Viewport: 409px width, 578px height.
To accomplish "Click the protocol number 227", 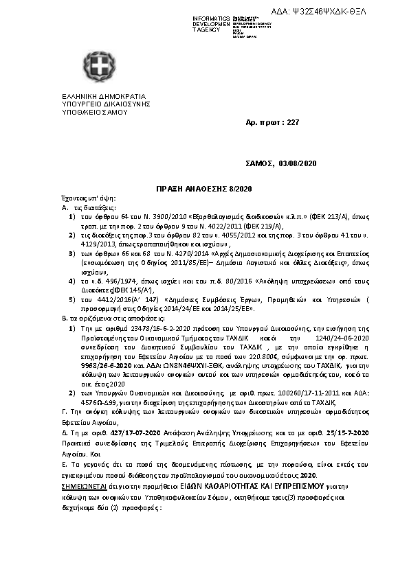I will click(294, 122).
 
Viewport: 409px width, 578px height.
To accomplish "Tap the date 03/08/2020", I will click(297, 164).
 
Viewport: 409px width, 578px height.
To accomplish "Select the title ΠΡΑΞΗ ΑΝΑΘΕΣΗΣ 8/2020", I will click(204, 187).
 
